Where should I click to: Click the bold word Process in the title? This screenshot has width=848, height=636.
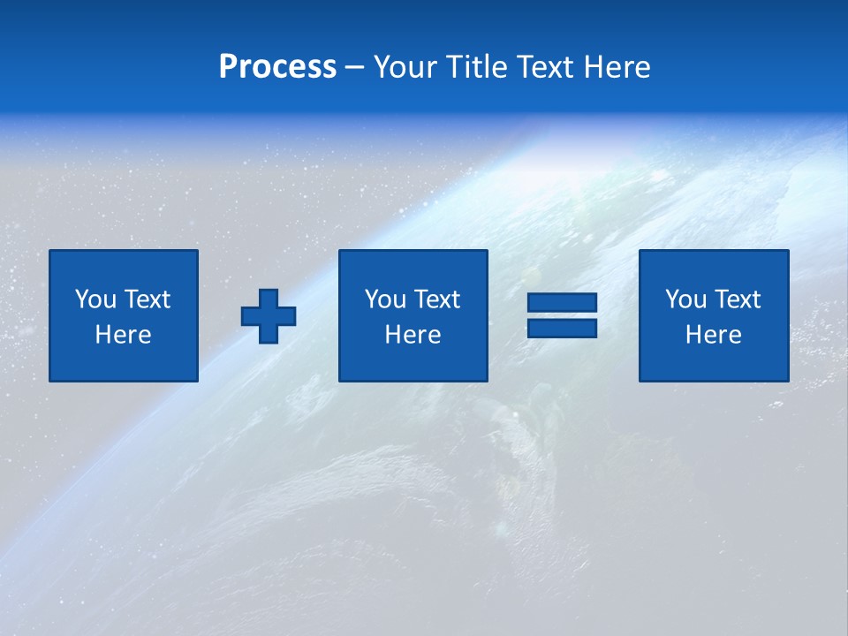pos(277,67)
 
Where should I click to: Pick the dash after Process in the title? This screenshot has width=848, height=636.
pos(354,68)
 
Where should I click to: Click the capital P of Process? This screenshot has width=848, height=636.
pos(229,67)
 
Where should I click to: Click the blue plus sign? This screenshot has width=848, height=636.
pos(269,315)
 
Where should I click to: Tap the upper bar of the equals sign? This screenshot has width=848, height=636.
pos(562,303)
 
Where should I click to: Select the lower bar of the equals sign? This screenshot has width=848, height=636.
pos(562,328)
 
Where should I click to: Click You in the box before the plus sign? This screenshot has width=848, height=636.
pos(95,299)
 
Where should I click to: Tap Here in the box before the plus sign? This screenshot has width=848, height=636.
pos(123,335)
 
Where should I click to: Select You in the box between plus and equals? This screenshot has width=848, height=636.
pos(385,299)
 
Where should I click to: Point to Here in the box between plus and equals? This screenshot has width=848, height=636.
pos(413,335)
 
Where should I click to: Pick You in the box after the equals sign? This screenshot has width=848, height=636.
pos(685,299)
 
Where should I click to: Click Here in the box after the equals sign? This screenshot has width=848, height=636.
pos(713,335)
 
